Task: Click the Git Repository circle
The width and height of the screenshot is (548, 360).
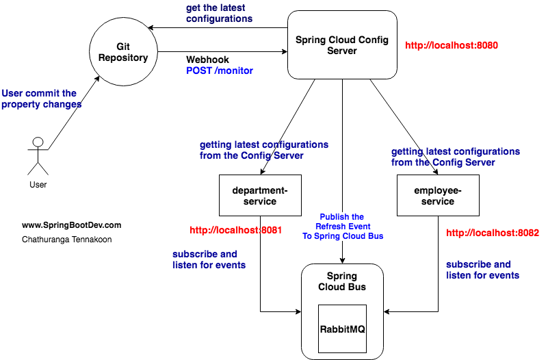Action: (x=123, y=52)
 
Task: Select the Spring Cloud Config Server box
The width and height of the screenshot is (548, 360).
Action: (x=342, y=44)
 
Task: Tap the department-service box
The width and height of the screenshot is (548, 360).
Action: (x=260, y=195)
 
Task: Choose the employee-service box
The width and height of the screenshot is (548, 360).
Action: (x=438, y=195)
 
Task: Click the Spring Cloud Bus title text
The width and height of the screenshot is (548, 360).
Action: (x=342, y=281)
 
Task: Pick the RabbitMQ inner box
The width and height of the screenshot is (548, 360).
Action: (x=342, y=329)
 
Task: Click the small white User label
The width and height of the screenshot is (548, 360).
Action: (x=38, y=185)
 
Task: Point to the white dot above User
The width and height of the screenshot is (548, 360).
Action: (x=38, y=142)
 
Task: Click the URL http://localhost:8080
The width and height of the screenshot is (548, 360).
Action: (x=451, y=46)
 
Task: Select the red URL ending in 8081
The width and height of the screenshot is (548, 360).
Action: (x=235, y=230)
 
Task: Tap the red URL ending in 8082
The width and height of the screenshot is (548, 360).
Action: (x=492, y=233)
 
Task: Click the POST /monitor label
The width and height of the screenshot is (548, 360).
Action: (x=220, y=70)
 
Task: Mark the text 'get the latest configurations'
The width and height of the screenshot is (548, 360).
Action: (x=219, y=13)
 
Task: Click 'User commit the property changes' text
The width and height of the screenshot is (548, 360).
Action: (x=41, y=99)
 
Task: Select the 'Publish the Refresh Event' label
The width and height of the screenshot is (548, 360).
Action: (x=343, y=226)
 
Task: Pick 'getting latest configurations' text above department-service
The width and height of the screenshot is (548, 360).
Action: (x=264, y=150)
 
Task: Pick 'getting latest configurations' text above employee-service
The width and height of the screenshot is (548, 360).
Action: (x=456, y=157)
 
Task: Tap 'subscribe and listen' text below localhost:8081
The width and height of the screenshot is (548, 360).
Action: (x=209, y=259)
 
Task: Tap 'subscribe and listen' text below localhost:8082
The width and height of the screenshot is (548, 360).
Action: (x=482, y=270)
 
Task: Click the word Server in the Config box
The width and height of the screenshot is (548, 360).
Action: (x=342, y=51)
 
